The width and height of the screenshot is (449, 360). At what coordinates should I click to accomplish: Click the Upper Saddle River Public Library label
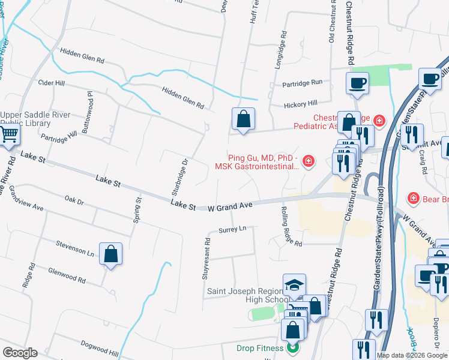[35, 119]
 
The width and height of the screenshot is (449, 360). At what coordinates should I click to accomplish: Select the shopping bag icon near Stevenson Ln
[111, 254]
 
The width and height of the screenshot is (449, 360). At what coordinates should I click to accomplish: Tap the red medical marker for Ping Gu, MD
[308, 160]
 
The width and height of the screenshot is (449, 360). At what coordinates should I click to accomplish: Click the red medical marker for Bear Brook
[413, 197]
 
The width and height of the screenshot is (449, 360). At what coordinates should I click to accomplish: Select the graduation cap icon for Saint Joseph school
[294, 285]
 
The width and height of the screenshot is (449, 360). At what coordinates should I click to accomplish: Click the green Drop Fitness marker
[293, 347]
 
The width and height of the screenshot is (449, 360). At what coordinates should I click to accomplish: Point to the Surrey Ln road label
[233, 229]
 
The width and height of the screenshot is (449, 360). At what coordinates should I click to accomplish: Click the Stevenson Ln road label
[75, 248]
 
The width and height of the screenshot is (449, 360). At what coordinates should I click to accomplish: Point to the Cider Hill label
[51, 82]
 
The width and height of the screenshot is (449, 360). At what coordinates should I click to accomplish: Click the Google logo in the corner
[20, 353]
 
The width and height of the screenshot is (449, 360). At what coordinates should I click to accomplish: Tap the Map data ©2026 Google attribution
[411, 355]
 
